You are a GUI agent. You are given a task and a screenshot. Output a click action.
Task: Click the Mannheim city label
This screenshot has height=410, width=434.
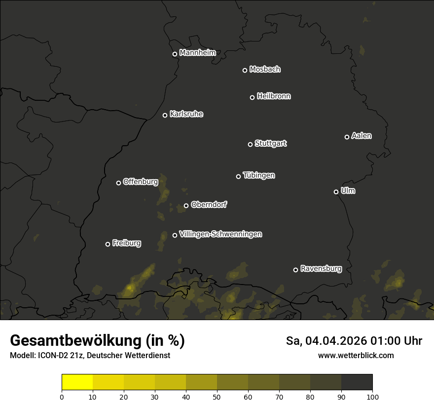tap(197, 53)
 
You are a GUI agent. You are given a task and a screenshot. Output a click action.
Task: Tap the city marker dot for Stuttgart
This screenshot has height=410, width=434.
tap(250, 144)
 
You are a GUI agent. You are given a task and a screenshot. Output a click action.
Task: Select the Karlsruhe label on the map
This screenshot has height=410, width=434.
tap(186, 114)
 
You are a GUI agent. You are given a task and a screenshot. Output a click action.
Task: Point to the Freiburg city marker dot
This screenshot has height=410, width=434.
tap(108, 244)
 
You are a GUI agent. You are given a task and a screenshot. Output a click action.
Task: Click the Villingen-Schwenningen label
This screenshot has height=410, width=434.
tap(220, 234)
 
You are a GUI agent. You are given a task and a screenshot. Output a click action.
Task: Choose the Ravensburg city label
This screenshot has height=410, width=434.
tap(321, 269)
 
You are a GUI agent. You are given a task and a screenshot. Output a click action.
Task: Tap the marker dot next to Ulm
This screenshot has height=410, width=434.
tap(336, 192)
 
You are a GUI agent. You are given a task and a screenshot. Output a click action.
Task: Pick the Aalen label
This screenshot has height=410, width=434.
tap(361, 136)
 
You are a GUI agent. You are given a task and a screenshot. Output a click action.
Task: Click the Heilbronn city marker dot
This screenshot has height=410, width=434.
tap(252, 97)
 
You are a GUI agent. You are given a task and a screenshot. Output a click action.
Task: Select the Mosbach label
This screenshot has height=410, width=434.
tap(264, 70)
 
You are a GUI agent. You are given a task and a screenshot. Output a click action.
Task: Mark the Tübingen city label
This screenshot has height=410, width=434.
tap(258, 175)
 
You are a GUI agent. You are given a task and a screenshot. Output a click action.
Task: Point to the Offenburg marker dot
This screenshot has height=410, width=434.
tap(118, 183)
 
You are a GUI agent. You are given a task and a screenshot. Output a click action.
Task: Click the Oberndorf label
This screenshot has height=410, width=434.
tap(209, 205)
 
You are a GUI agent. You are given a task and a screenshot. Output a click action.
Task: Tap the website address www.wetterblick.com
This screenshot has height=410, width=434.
tap(356, 355)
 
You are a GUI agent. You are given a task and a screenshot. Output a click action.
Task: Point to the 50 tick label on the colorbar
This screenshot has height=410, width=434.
tap(217, 397)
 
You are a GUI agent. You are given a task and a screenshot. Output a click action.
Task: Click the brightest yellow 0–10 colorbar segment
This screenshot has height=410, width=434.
tap(77, 382)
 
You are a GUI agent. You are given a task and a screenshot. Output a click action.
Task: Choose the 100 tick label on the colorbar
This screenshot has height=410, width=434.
tap(372, 397)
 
